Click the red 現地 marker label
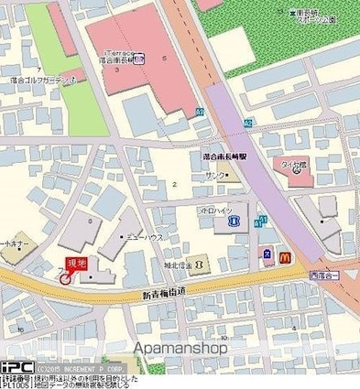pyautogui.click(x=76, y=265)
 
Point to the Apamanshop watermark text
pyautogui.click(x=180, y=348)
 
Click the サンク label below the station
pyautogui.click(x=216, y=174)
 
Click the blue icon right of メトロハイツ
pyautogui.click(x=234, y=221)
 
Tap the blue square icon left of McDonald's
pyautogui.click(x=267, y=254)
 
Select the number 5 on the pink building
pyautogui.click(x=166, y=59)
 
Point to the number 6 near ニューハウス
pyautogui.click(x=90, y=221)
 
